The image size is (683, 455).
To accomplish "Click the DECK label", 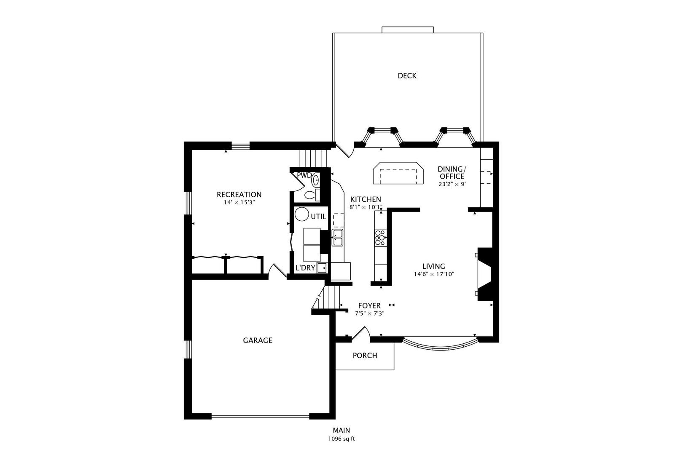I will pos(407,76).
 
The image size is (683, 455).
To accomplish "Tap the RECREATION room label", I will pos(239,195).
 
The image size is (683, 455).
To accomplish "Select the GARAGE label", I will pos(257,340).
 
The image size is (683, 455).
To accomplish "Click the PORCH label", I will pos(365,356).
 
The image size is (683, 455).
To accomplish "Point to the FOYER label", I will pos(369,305).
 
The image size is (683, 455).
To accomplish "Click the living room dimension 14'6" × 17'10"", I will pos(434,274).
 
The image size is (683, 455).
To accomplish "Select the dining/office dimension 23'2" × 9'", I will pos(452,184).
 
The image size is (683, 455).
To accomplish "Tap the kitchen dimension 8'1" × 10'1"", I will pos(366,207).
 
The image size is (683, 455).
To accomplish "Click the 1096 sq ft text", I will pos(341,439).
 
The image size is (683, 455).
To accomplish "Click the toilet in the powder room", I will pos(311,195).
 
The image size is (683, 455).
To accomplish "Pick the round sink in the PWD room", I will pos(315,181).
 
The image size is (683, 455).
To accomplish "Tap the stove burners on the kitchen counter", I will pos(380,238).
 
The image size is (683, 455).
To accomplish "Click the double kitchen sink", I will pos(338,238).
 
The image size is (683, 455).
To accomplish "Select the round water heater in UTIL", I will pos(301,214).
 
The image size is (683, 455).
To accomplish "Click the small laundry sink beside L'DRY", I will pos(322,268).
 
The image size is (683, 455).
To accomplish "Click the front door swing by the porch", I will pos(361,333).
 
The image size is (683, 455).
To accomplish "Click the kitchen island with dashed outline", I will pos(398,173).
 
